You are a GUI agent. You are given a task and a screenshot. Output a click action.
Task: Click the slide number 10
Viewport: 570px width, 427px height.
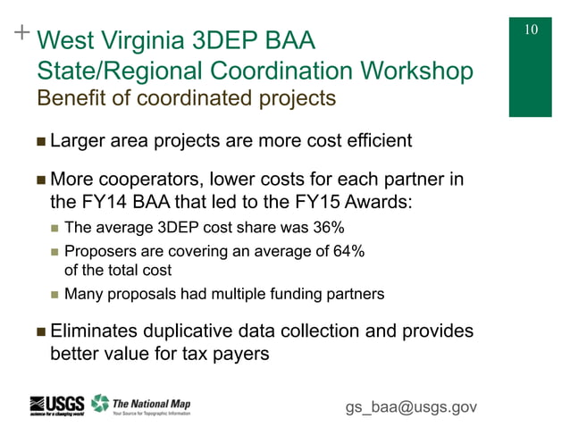coord(531,29)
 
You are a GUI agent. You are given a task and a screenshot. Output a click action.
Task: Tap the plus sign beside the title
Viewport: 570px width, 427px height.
coord(21,34)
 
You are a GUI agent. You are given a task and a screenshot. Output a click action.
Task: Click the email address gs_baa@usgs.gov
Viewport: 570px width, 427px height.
coord(411,407)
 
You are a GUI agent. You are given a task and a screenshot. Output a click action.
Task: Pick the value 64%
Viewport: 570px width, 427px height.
coord(345,251)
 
